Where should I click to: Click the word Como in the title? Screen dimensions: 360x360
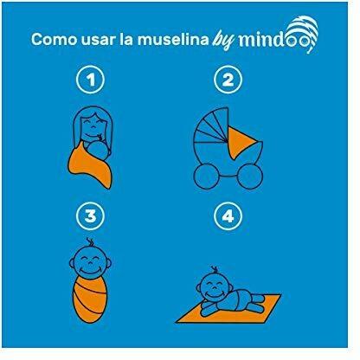coord(54,39)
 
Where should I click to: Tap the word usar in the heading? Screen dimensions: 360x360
coord(98,40)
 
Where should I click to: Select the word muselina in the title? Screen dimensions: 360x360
coord(173,39)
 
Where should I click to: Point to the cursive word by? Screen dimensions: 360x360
coord(223,42)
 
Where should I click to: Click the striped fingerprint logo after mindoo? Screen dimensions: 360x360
coord(303,33)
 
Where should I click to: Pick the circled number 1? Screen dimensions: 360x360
coord(90,80)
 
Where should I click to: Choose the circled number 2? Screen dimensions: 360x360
coord(228,80)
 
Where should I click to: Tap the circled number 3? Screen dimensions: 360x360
coord(90,215)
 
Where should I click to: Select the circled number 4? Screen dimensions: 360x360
coord(228,215)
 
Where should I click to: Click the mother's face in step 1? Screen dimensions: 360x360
coord(92,125)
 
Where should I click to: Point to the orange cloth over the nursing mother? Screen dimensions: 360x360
coord(89,166)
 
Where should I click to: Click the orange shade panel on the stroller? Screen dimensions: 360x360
coord(241,144)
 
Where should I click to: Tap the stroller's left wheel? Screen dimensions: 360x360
coord(206,176)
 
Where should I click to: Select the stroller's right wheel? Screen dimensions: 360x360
coord(250,176)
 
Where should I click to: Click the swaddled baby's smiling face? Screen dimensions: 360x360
coord(90,262)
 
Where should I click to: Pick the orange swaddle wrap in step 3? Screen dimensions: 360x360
coord(90,299)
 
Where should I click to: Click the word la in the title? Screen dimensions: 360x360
coord(126,39)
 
